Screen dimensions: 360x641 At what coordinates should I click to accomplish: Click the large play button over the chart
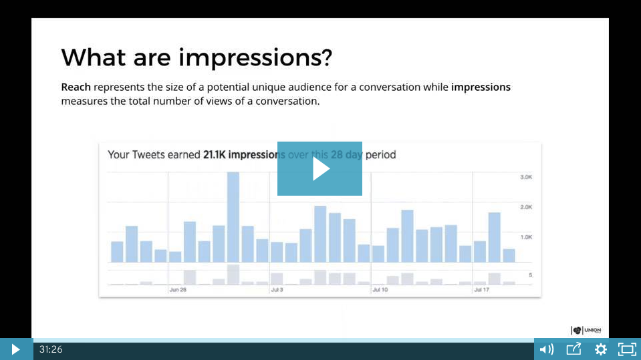tap(319, 168)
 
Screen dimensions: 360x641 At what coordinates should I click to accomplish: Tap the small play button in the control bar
tap(15, 349)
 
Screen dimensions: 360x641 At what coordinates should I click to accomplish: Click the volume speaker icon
tap(546, 349)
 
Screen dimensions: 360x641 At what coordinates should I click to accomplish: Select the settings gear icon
tap(600, 349)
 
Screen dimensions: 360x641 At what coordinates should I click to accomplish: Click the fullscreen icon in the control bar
tap(626, 349)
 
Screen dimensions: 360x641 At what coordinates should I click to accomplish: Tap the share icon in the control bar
tap(573, 349)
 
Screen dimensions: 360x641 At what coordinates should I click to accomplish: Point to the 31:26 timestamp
tap(51, 349)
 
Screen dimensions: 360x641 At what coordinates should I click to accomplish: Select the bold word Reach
tap(76, 87)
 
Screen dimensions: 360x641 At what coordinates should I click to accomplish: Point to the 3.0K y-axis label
tap(526, 177)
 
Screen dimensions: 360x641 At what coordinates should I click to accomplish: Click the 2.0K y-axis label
tap(526, 207)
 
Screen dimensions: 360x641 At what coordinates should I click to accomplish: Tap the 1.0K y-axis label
tap(526, 237)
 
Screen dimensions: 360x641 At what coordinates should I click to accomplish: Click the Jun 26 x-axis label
tap(178, 291)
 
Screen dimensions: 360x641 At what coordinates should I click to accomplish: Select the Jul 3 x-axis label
tap(277, 291)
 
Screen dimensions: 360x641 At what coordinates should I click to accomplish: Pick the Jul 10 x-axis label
tap(380, 291)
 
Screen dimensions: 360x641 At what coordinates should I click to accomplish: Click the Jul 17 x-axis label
tap(481, 291)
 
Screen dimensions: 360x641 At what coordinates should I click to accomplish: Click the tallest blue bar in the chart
tap(233, 217)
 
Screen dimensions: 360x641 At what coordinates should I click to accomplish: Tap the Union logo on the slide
tap(586, 330)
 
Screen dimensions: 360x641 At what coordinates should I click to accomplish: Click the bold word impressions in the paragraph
tap(481, 87)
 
